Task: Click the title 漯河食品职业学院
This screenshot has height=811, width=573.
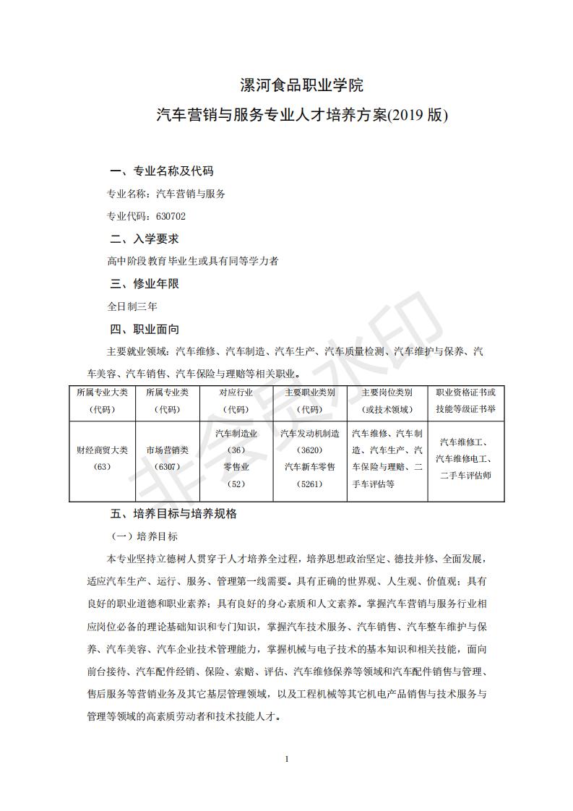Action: [301, 85]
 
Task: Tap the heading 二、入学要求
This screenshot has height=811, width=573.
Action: [144, 239]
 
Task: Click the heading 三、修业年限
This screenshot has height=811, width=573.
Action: [144, 283]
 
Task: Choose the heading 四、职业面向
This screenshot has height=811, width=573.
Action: [144, 329]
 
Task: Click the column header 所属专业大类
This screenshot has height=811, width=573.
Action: [102, 392]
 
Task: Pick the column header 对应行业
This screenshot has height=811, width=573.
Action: [236, 392]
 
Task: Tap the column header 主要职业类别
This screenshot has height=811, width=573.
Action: [309, 392]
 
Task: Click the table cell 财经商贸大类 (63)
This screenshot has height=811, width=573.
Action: [102, 458]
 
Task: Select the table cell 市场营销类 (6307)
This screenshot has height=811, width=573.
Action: [167, 458]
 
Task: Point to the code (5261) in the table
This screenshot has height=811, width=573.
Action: [309, 484]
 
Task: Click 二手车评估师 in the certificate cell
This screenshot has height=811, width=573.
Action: [465, 476]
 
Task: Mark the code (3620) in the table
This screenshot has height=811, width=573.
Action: [309, 450]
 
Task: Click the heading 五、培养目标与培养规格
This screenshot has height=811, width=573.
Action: [173, 514]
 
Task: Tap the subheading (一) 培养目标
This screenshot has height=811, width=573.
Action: [143, 537]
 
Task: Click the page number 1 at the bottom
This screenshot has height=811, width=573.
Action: [287, 759]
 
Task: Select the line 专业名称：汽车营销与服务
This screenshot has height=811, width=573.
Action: [166, 194]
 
